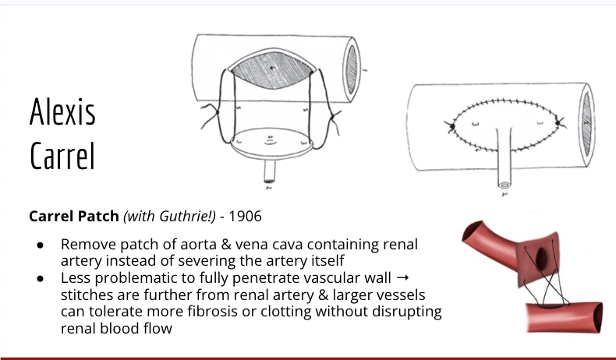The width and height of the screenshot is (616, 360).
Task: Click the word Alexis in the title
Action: click(62, 113)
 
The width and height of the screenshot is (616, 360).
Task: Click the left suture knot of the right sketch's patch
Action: click(451, 125)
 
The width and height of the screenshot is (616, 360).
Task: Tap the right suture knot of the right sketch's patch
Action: click(562, 122)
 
